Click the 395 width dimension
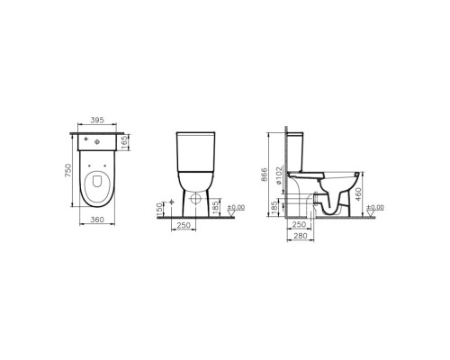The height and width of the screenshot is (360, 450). (97, 120)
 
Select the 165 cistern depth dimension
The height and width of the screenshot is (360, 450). (125, 142)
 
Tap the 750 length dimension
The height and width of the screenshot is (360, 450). (68, 170)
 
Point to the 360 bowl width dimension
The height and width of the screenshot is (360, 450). (97, 220)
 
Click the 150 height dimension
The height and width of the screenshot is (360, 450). (160, 209)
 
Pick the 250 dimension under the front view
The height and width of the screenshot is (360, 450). (184, 225)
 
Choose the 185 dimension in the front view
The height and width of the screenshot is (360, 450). (215, 208)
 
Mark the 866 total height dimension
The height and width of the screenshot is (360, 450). (264, 175)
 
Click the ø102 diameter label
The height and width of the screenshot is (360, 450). (279, 175)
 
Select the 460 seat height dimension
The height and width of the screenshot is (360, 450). (358, 194)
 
